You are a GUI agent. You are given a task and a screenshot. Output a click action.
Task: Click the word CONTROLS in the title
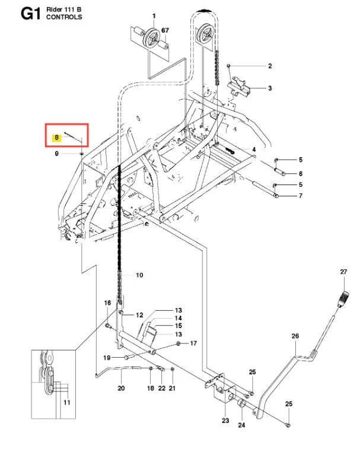[63, 18]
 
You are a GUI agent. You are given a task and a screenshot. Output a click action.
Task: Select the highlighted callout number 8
[56, 138]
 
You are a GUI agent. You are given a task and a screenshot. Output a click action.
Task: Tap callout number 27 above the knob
[343, 272]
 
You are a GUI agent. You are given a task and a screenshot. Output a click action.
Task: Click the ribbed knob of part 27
[341, 300]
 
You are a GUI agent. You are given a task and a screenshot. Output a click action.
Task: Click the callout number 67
[165, 30]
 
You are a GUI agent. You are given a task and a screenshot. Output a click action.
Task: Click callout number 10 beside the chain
[140, 275]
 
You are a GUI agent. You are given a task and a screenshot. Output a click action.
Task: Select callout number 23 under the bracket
[225, 421]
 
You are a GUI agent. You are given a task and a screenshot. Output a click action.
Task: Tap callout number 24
[241, 425]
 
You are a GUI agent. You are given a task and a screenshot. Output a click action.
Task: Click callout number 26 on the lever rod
[296, 336]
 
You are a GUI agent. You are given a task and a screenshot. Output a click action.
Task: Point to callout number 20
[121, 388]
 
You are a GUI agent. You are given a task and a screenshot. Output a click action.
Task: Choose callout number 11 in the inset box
[66, 403]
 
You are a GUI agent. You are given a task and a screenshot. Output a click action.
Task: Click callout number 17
[192, 343]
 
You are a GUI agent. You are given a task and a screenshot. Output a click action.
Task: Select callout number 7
[301, 195]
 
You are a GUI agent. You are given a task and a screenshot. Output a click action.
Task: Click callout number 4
[253, 149]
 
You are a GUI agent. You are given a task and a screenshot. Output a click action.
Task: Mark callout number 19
[107, 358]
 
